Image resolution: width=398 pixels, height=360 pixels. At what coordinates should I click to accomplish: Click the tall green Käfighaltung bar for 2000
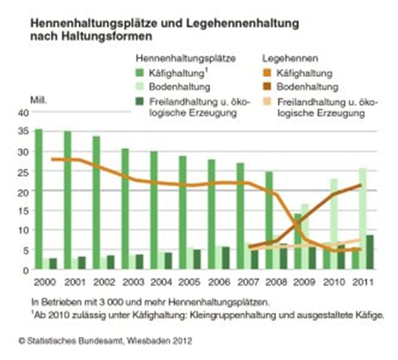(x=39, y=199)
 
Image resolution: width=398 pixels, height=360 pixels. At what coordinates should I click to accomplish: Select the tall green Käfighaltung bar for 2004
(x=154, y=209)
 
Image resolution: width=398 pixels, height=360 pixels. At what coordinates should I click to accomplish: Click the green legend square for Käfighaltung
(x=141, y=74)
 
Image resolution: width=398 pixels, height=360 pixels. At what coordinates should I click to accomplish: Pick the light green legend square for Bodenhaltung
(x=141, y=87)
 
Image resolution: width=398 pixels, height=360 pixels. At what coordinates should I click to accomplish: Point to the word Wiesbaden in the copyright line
(x=145, y=341)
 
